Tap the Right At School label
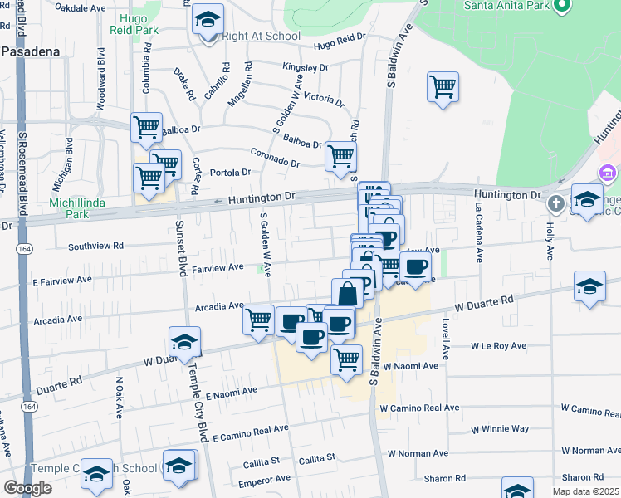pos(262,36)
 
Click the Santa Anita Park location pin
pos(561,7)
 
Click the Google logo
pos(27,488)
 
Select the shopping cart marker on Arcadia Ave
pos(259,318)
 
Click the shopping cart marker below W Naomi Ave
pos(346,359)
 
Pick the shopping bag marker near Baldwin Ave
pos(348,292)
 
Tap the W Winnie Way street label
pos(500,428)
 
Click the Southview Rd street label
pos(95,246)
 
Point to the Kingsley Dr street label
pos(306,66)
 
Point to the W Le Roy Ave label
pos(499,345)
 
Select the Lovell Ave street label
pos(446,338)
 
